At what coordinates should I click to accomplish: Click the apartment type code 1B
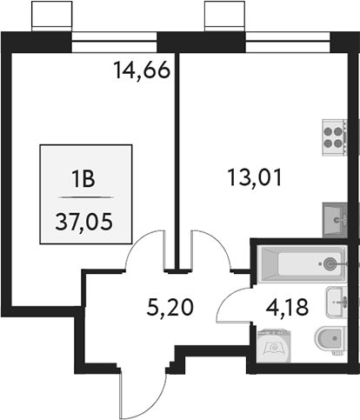pyautogui.click(x=84, y=180)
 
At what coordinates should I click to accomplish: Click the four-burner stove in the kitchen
pyautogui.click(x=335, y=135)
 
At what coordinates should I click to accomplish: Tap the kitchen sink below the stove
pyautogui.click(x=335, y=216)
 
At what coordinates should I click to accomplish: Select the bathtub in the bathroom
pyautogui.click(x=302, y=263)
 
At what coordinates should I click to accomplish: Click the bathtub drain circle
pyautogui.click(x=330, y=263)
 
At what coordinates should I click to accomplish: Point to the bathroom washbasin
pyautogui.click(x=335, y=302)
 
